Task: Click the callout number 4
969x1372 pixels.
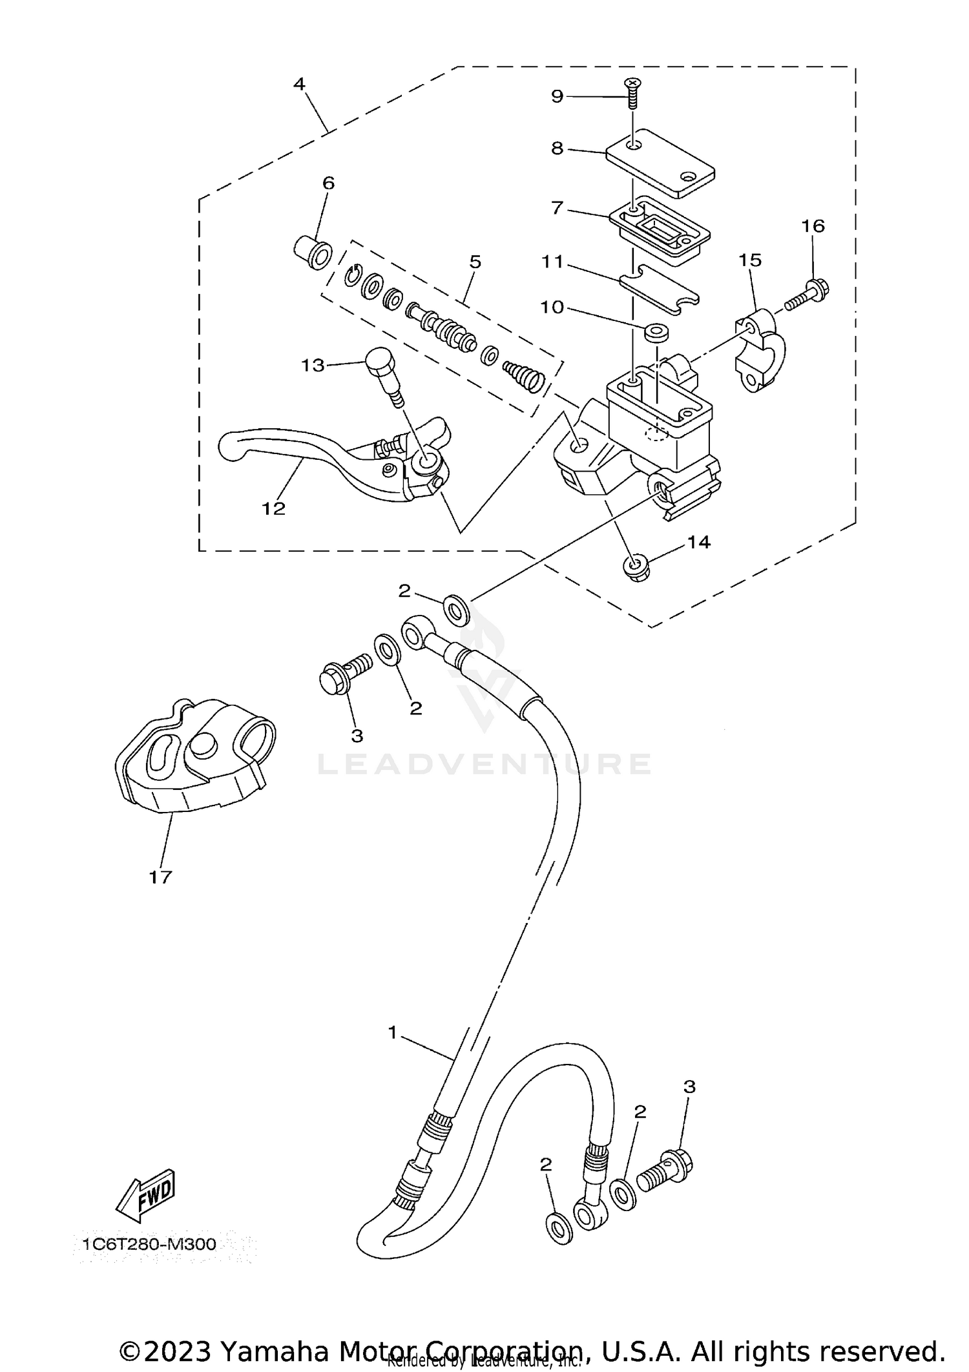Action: tap(299, 84)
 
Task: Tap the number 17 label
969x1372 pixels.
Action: tap(160, 877)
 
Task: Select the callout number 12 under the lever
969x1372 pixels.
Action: tap(273, 508)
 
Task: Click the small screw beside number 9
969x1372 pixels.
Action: tap(632, 94)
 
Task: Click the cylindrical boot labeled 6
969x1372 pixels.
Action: tap(314, 253)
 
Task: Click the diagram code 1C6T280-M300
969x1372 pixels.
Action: tap(149, 1243)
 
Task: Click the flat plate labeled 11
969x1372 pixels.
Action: tap(659, 291)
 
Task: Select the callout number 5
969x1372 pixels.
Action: tap(475, 262)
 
